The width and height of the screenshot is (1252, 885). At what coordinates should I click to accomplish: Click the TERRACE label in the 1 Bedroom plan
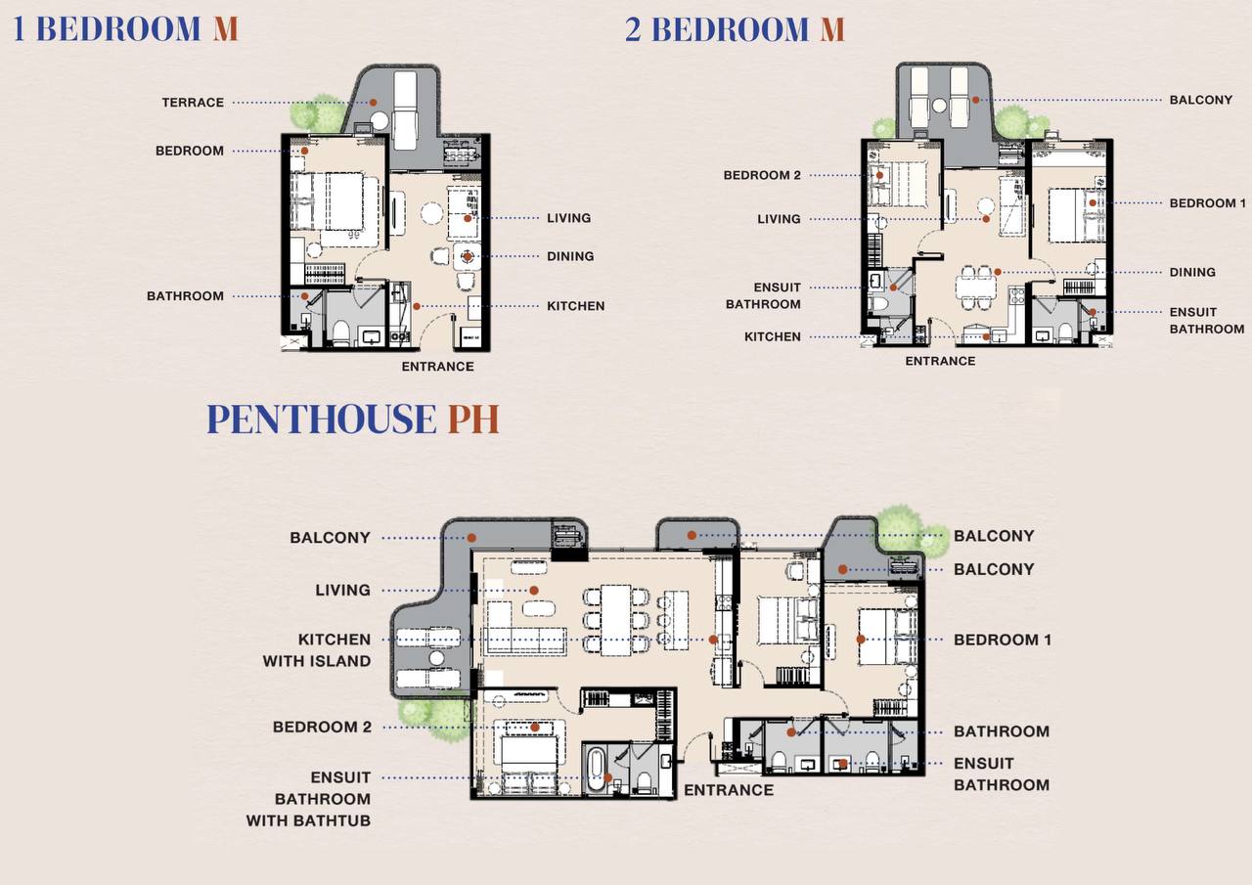(x=193, y=103)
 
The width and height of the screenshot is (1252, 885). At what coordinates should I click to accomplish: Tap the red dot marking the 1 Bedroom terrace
(x=373, y=103)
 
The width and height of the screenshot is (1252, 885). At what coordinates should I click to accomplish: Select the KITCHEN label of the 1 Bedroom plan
(x=576, y=306)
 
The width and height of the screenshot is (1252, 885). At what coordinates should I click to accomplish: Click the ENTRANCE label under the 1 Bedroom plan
(x=437, y=367)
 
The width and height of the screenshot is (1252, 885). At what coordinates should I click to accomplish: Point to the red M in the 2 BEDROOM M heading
(x=832, y=29)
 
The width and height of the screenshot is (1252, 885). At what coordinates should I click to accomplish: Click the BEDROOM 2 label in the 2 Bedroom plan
(x=762, y=175)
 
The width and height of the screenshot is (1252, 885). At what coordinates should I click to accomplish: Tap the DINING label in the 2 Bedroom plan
(x=1192, y=272)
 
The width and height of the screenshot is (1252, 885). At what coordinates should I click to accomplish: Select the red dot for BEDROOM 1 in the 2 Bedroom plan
(x=1093, y=202)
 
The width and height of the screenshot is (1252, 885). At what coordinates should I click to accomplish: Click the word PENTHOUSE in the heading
(x=322, y=419)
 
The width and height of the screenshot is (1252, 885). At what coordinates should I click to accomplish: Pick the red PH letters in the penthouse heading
(x=472, y=419)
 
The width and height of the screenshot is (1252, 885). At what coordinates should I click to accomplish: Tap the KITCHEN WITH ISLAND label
(x=317, y=650)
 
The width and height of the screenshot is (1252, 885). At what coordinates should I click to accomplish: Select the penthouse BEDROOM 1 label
(x=1003, y=640)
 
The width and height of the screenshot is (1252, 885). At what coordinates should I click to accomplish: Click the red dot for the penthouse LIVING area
(x=534, y=590)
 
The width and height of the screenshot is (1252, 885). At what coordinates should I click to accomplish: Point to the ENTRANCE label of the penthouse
(x=729, y=790)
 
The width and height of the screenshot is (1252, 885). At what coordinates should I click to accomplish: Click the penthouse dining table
(x=616, y=620)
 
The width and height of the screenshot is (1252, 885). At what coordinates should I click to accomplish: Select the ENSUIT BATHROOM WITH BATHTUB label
(x=308, y=799)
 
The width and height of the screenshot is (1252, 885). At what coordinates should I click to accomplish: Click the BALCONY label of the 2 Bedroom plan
(x=1201, y=100)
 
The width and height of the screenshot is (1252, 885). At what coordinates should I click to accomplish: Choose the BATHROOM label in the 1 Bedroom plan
(x=185, y=296)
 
